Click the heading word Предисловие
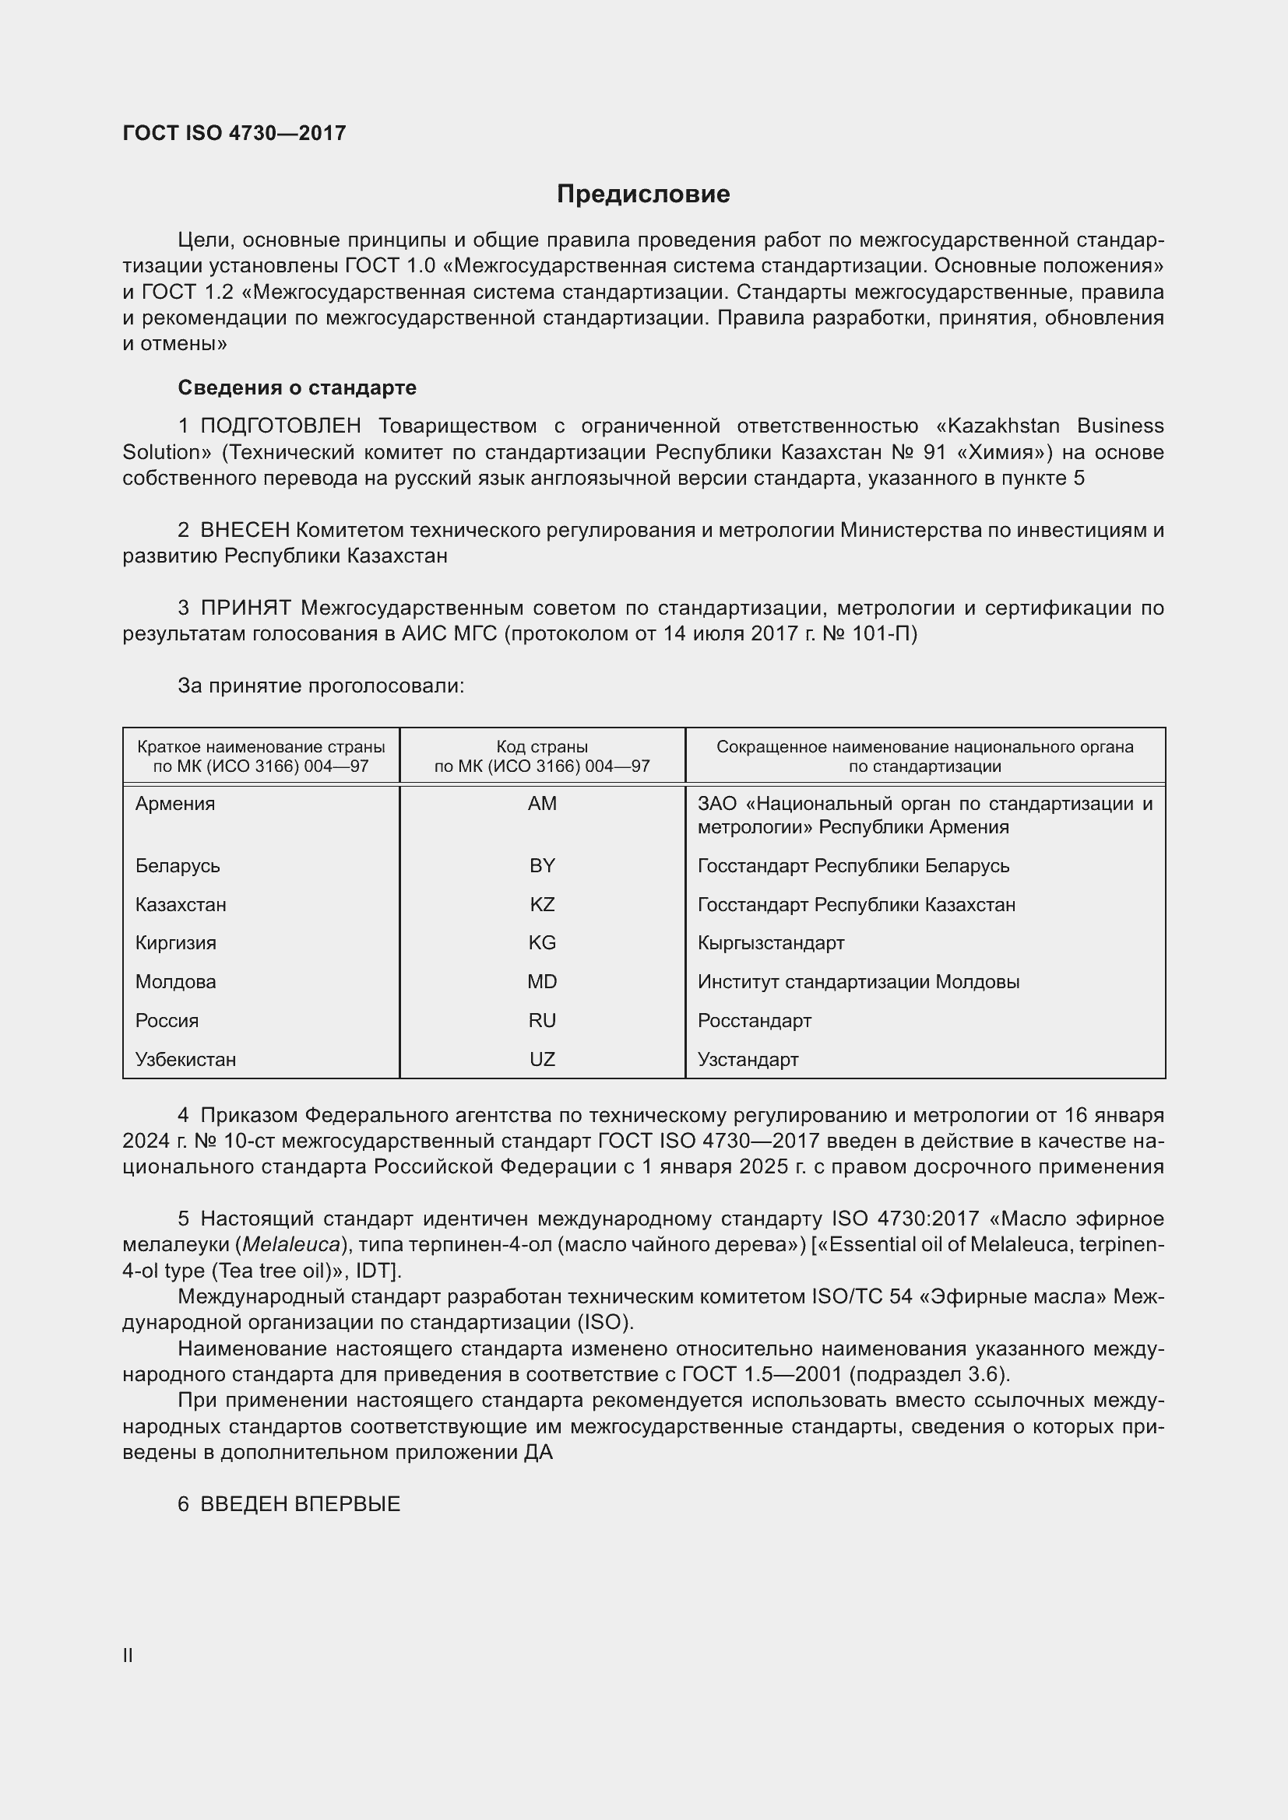643,195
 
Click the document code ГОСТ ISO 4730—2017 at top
234,133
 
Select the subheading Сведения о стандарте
297,387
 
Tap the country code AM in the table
542,804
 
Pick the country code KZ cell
542,904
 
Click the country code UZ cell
542,1059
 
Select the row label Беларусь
178,865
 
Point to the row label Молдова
175,981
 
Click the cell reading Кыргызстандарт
771,942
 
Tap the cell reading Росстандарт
755,1020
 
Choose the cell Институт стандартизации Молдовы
858,981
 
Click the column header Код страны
542,747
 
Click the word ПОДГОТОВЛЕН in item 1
281,426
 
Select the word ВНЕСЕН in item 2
245,531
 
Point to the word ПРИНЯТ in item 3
246,608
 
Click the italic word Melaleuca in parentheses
291,1245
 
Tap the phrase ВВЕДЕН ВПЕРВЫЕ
300,1505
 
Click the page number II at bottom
128,1656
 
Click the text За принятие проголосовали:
320,686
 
